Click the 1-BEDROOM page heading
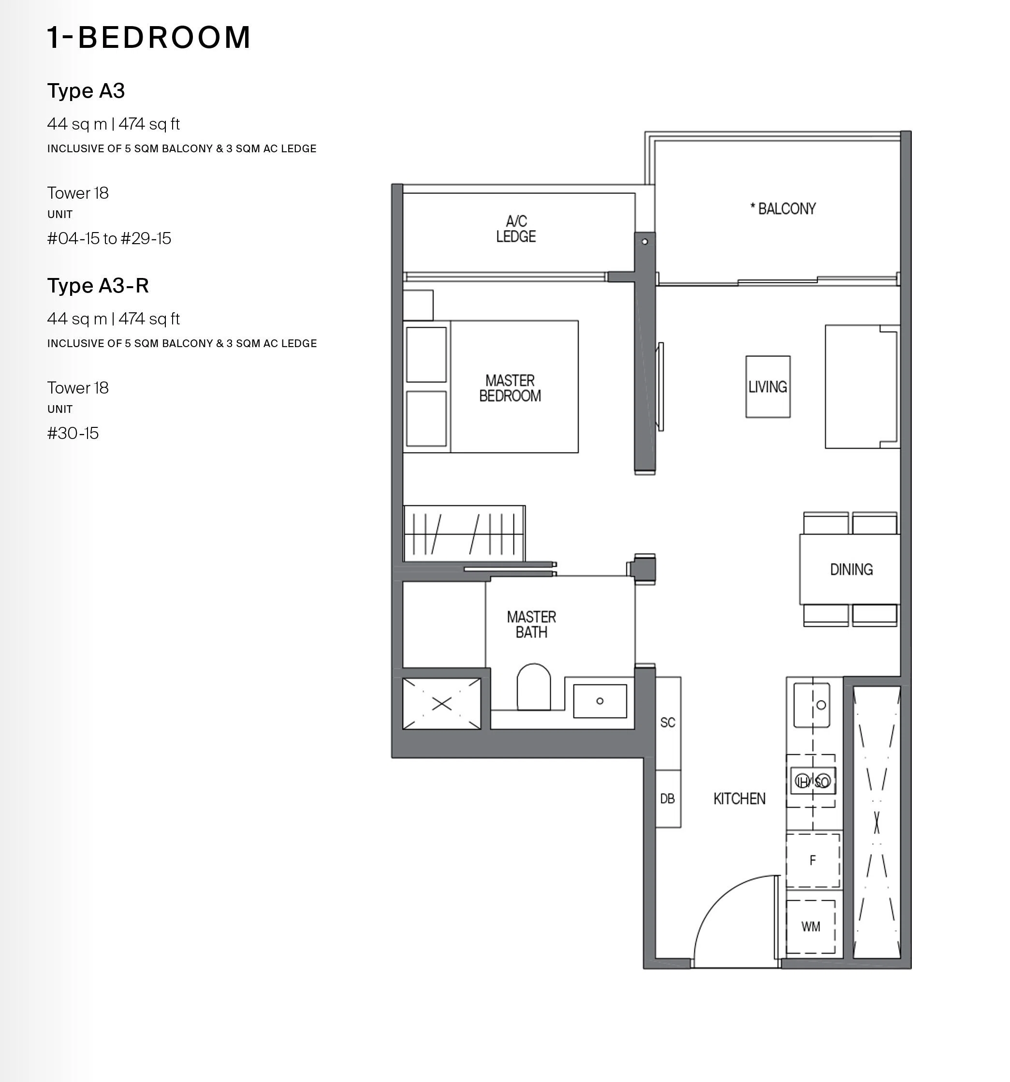(148, 38)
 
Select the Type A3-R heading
(98, 285)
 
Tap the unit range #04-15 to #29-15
(109, 238)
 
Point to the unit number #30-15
(73, 433)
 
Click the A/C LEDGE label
(516, 229)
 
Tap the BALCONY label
(783, 208)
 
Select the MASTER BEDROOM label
(510, 388)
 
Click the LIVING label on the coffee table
(767, 387)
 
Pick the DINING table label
(851, 570)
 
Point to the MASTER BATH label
(531, 624)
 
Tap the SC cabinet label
(668, 722)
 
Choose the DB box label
(667, 798)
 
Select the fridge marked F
(812, 861)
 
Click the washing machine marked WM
(811, 926)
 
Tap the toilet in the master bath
(533, 687)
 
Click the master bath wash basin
(600, 701)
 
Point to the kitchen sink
(811, 705)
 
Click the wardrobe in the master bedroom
(464, 533)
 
